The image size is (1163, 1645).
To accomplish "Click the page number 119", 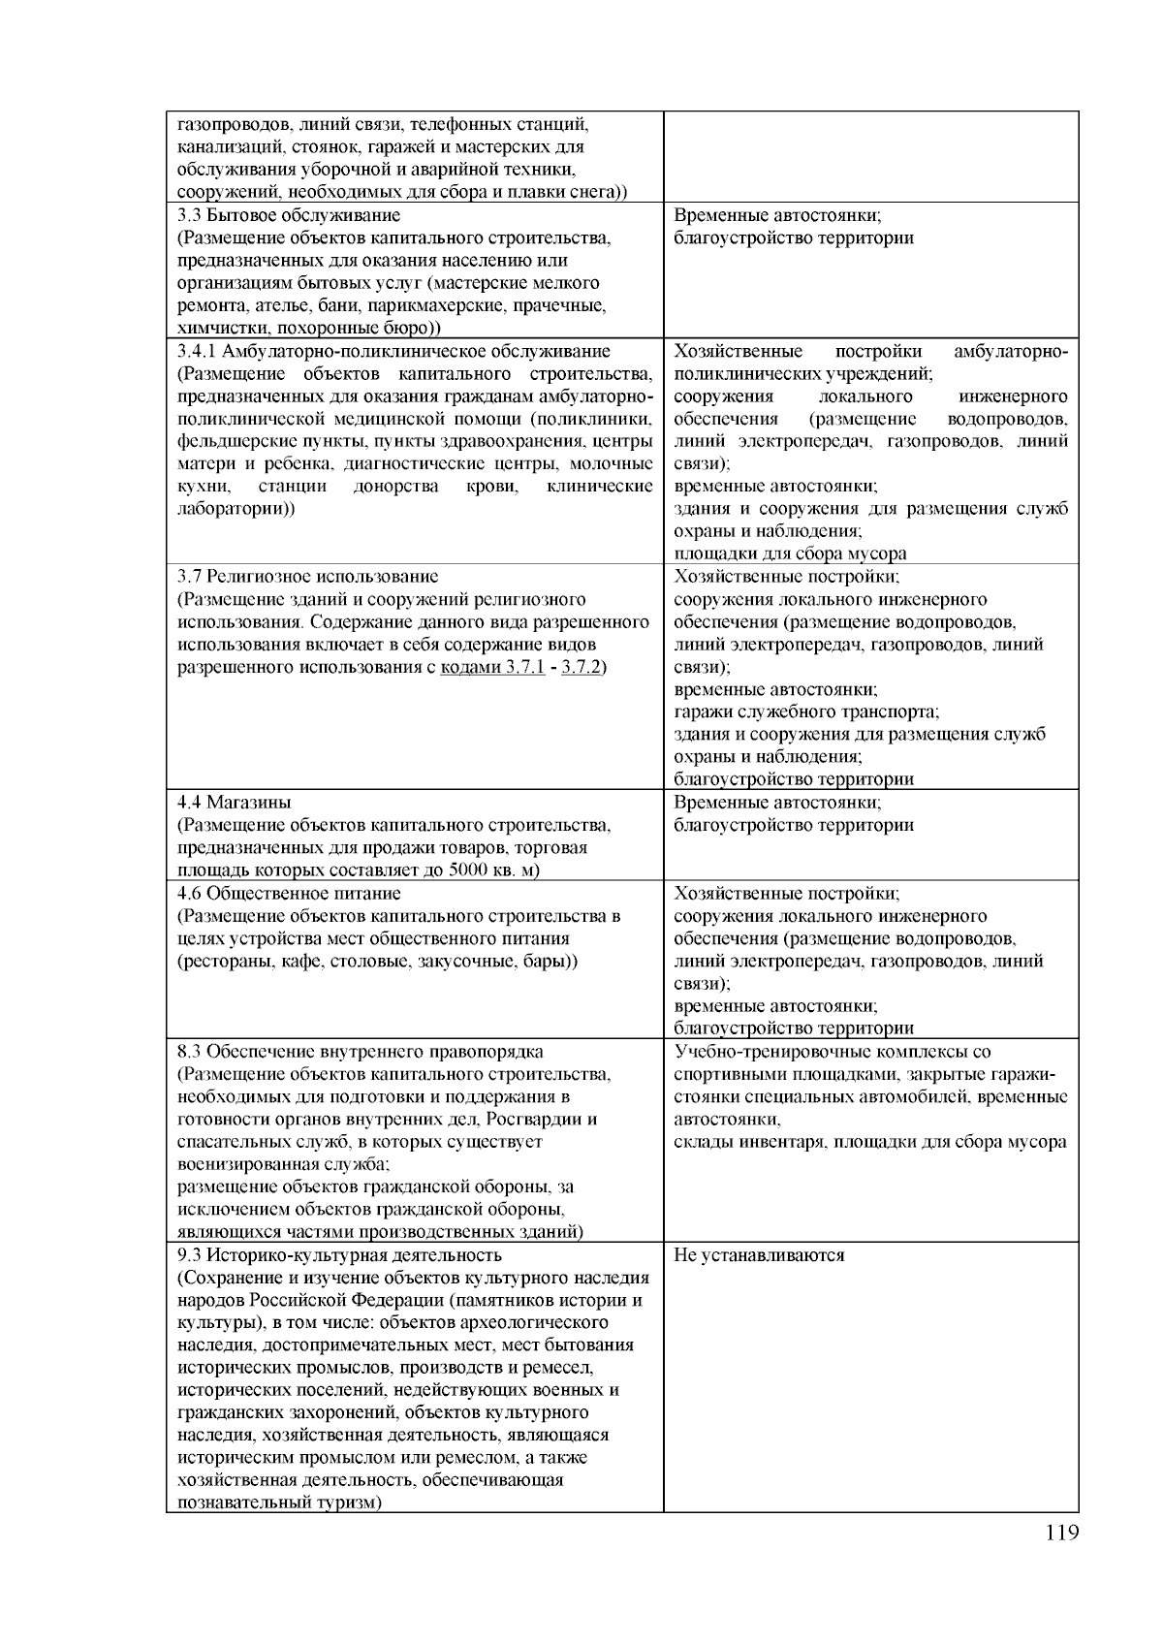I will (x=1062, y=1533).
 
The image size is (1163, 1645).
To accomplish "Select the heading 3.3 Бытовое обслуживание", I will (x=289, y=215).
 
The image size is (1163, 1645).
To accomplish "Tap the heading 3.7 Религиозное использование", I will (x=308, y=577).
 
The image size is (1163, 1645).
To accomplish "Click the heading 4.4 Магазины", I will (x=235, y=803).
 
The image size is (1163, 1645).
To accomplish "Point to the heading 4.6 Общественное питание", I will (x=289, y=894).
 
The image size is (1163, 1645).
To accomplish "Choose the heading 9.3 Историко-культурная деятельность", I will (x=339, y=1255).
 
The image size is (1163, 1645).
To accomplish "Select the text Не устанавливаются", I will (x=759, y=1255).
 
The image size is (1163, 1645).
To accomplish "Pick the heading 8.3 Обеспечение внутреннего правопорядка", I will (x=361, y=1052).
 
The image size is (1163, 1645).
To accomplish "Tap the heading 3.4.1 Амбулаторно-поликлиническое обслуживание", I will (x=394, y=351).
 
